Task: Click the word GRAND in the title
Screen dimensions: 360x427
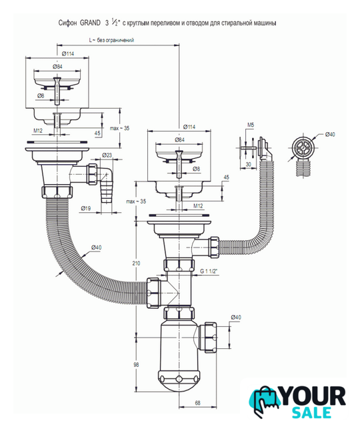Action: tap(90, 23)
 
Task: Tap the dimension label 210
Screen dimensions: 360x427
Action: tap(136, 263)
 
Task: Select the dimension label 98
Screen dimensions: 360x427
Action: tap(136, 364)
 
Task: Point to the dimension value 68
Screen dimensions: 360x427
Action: tap(198, 402)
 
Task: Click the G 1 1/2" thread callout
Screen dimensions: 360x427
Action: tap(209, 272)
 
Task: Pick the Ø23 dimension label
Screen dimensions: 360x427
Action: tap(107, 155)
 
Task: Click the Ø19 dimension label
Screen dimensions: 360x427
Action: tap(86, 208)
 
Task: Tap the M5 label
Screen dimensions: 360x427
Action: tap(251, 125)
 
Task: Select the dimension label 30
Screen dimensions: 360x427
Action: tap(248, 164)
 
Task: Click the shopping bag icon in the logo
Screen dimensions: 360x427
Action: tap(265, 401)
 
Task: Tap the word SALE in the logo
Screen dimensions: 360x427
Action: tap(311, 412)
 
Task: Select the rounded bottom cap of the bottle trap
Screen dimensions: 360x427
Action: tap(179, 380)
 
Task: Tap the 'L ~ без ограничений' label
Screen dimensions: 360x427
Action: tap(111, 40)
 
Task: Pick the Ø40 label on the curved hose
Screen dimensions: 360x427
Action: tap(96, 248)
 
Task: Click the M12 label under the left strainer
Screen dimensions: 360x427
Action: tap(38, 131)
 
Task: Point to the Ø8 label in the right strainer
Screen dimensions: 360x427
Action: tap(196, 169)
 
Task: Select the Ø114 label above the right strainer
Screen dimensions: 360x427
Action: tap(189, 127)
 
